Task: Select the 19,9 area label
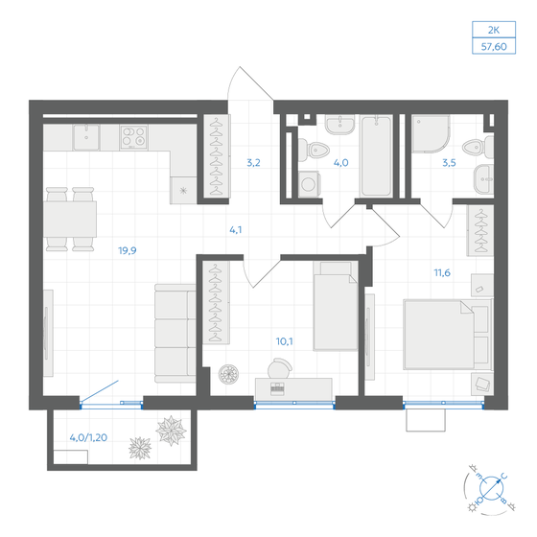pyautogui.click(x=126, y=250)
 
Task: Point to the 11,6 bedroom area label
pyautogui.click(x=442, y=272)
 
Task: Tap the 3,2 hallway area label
pyautogui.click(x=253, y=163)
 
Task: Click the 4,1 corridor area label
pyautogui.click(x=235, y=229)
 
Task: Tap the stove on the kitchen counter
pyautogui.click(x=132, y=136)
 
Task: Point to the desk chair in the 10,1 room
pyautogui.click(x=282, y=368)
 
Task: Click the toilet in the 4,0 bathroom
pyautogui.click(x=313, y=148)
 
